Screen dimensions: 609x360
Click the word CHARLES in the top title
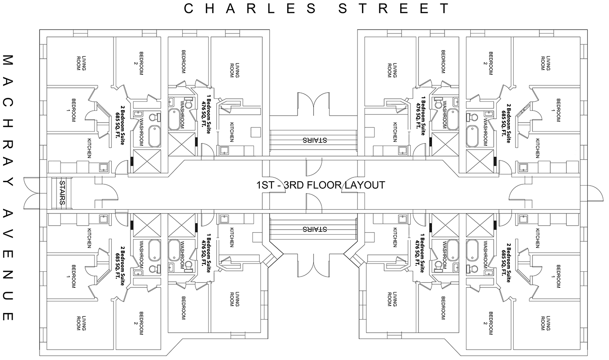point(250,8)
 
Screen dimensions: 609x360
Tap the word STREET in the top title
point(394,8)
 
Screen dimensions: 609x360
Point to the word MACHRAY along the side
point(8,120)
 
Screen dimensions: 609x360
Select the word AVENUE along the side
point(8,265)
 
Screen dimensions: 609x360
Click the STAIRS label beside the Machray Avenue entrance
point(62,193)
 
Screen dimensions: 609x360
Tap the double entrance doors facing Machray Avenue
point(31,193)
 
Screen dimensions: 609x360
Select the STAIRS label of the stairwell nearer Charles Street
point(315,140)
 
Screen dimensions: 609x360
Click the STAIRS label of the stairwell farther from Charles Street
point(315,229)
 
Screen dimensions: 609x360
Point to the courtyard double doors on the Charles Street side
point(314,104)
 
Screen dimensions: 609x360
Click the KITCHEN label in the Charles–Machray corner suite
point(89,148)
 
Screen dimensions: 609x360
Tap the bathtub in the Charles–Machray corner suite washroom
point(154,137)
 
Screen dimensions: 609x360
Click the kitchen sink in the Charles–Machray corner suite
point(104,167)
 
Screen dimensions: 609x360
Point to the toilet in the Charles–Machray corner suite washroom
point(154,117)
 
